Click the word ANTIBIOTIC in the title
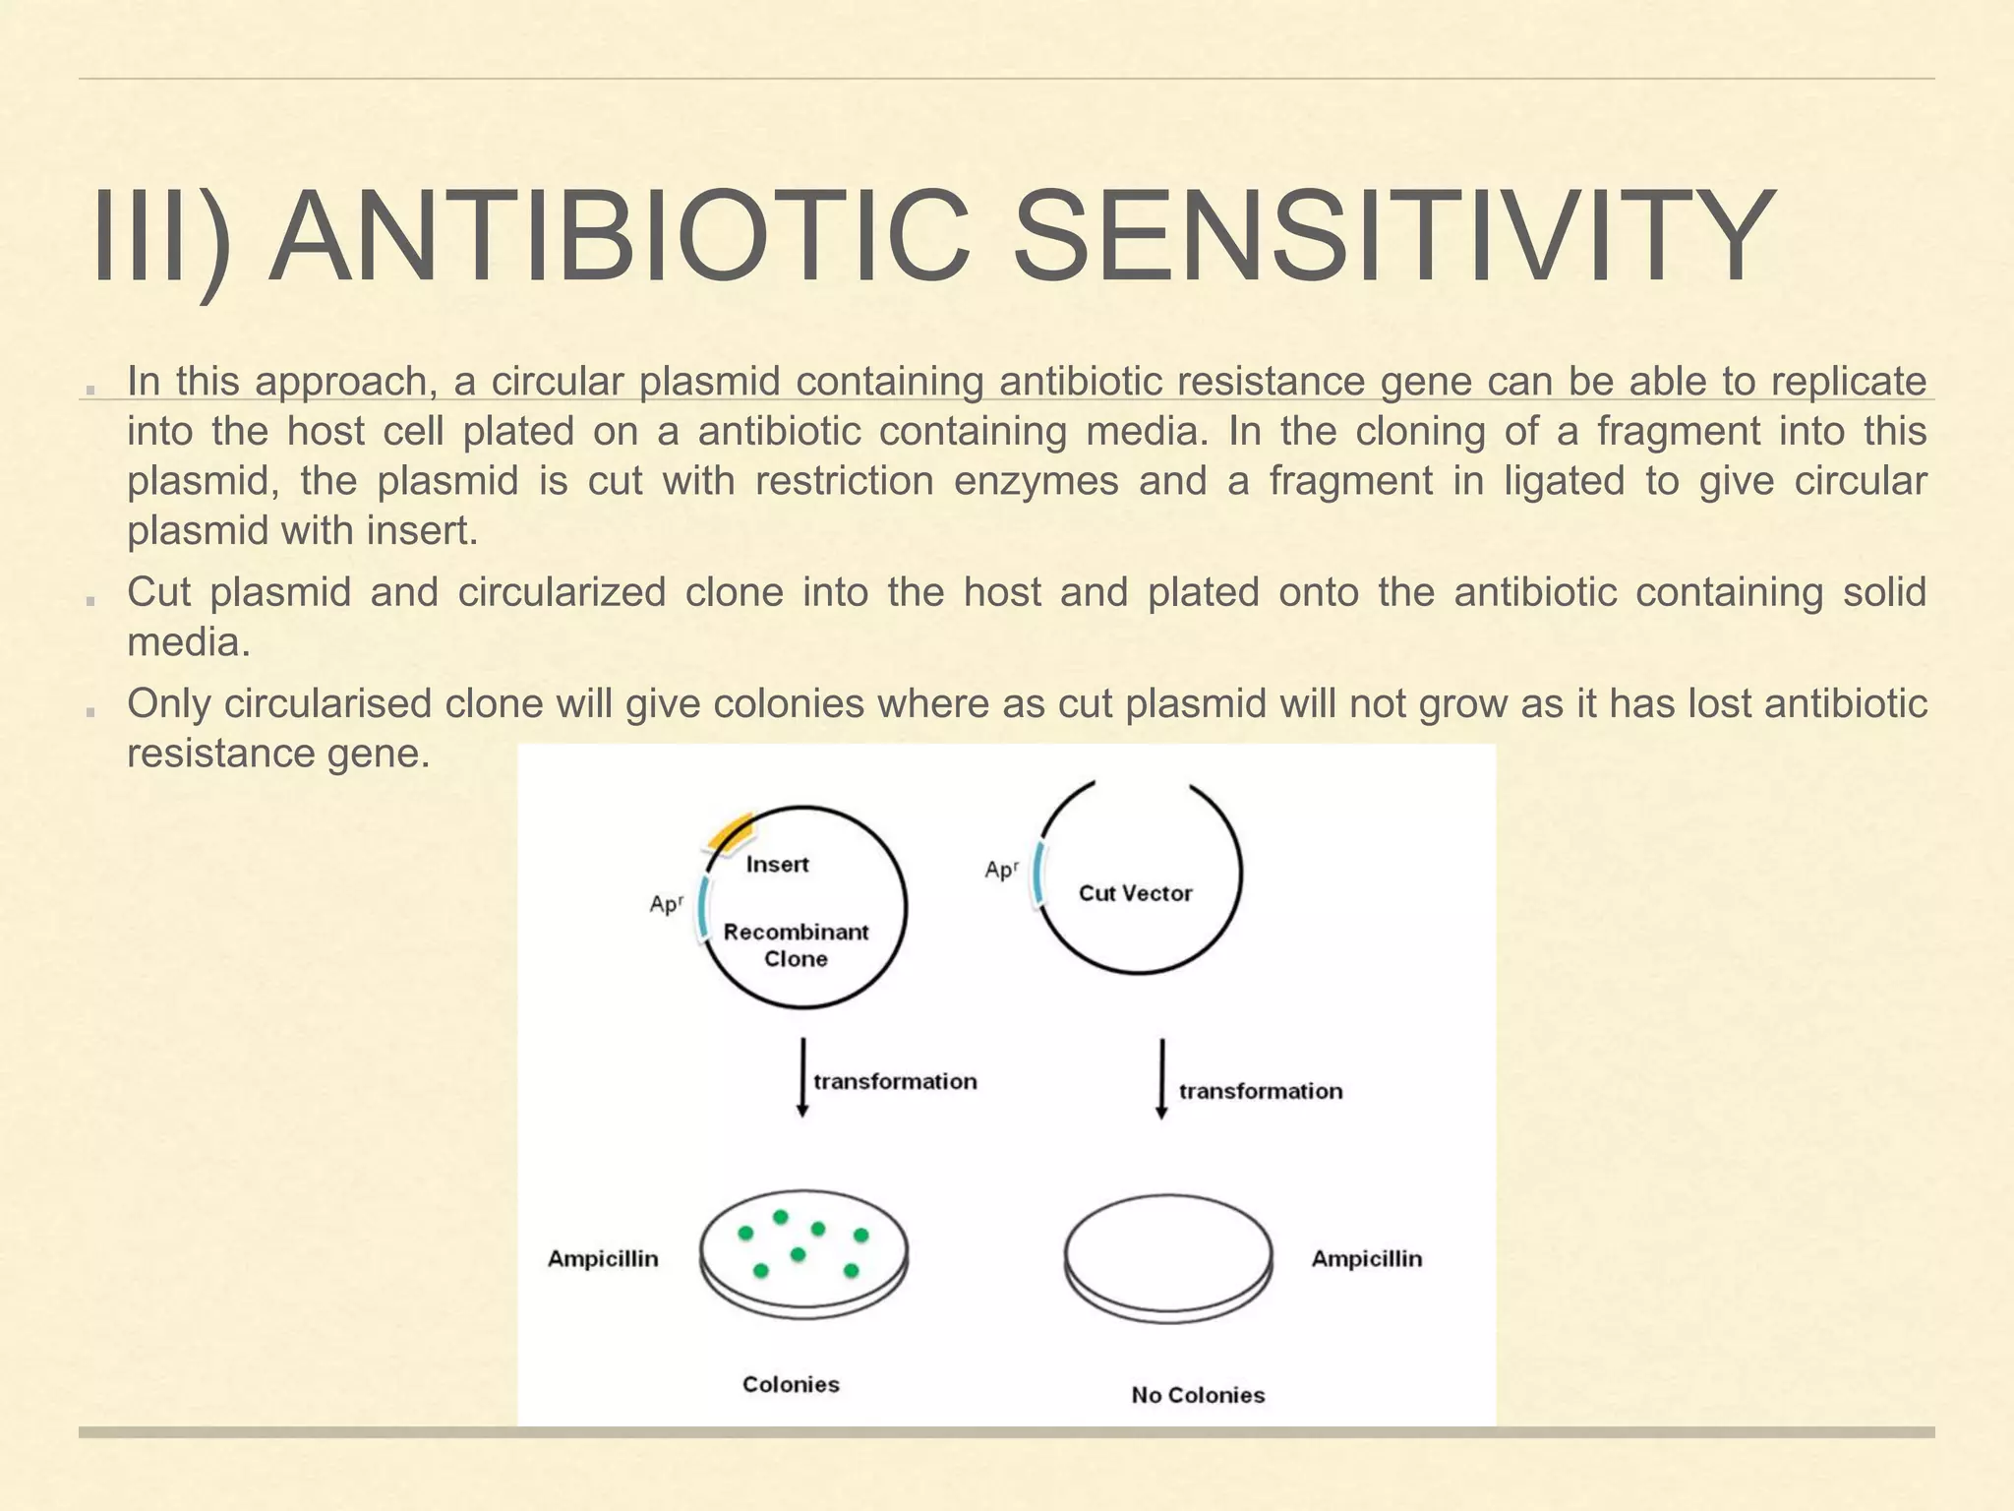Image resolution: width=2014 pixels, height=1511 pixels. click(621, 238)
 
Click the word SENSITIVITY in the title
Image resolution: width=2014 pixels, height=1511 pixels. click(1393, 238)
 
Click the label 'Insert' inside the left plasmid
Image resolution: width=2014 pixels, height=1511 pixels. click(777, 865)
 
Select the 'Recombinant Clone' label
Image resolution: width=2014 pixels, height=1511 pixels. click(796, 945)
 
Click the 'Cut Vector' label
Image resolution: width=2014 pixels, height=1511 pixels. click(1135, 893)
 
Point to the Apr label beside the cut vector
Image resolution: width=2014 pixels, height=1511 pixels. click(1001, 870)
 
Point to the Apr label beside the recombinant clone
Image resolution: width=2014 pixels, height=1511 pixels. click(666, 903)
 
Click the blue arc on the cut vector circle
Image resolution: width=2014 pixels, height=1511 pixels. click(1038, 874)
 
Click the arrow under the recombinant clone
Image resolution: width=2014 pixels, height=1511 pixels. click(802, 1076)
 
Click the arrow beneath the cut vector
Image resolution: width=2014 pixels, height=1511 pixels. click(1161, 1079)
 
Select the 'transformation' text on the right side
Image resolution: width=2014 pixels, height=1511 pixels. click(1260, 1091)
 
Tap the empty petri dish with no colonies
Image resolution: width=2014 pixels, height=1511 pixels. click(1168, 1257)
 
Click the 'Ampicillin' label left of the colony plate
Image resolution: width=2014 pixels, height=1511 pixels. click(603, 1258)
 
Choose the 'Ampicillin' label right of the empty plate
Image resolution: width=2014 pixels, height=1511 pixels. click(1366, 1258)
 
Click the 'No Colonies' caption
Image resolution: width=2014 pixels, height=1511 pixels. click(1198, 1395)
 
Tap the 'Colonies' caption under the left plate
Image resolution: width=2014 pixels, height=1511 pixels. click(791, 1384)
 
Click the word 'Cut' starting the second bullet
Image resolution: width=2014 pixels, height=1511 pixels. click(157, 592)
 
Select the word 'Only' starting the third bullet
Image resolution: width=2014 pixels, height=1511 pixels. click(167, 704)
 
